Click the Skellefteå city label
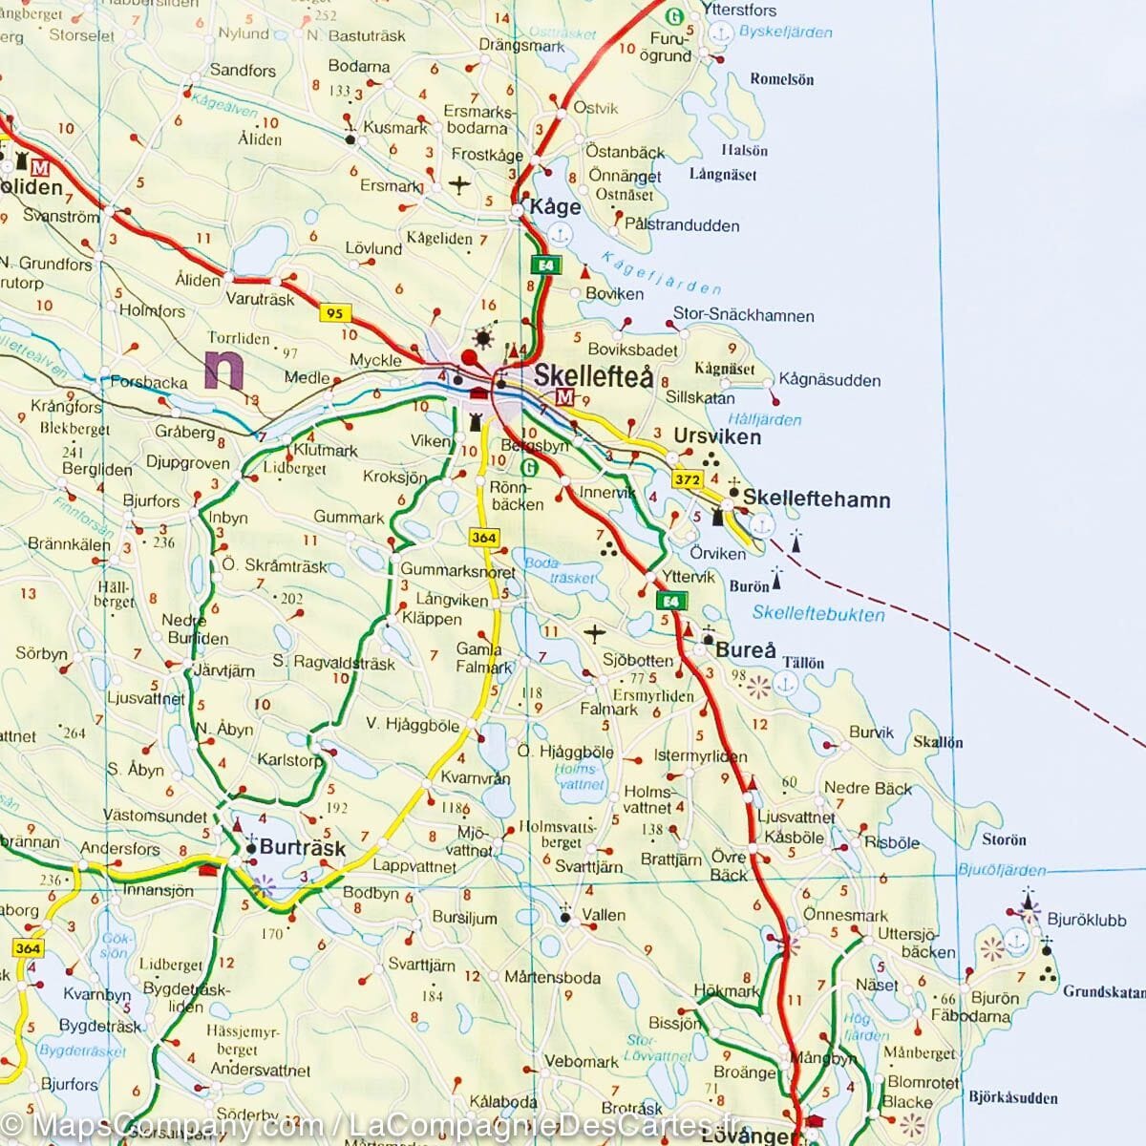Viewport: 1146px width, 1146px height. pos(593,376)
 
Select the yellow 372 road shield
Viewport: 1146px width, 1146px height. pos(688,480)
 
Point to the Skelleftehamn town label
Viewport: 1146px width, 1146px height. pos(817,499)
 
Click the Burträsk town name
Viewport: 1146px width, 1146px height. pos(303,847)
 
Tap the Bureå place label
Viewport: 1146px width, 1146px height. pos(746,650)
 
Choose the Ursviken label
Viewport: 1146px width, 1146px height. pos(717,436)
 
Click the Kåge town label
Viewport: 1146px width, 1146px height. pos(555,207)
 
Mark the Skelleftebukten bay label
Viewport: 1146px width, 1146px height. pos(818,614)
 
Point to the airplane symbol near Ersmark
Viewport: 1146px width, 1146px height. pos(460,183)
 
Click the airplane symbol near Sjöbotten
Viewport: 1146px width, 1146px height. pos(594,632)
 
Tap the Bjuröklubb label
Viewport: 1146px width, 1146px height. pos(1083,920)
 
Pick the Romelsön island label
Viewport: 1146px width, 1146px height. pos(782,79)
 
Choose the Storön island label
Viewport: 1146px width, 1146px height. pos(1004,839)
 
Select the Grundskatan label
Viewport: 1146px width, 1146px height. pos(1102,991)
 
